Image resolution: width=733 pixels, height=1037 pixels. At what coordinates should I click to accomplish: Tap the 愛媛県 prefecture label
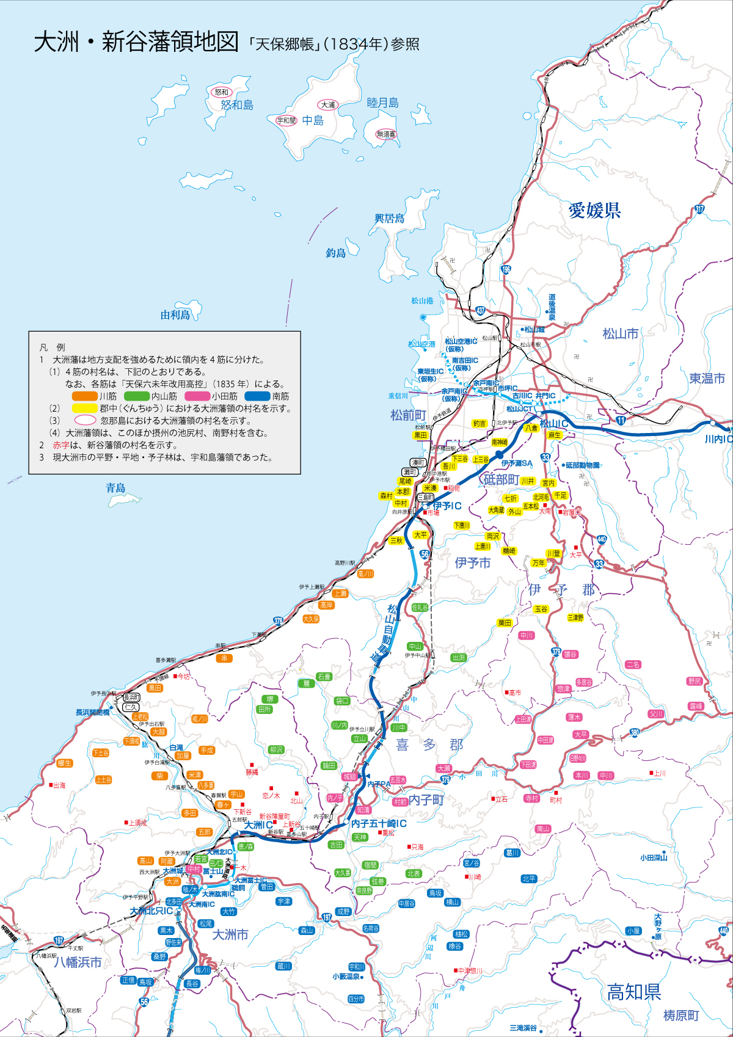(594, 210)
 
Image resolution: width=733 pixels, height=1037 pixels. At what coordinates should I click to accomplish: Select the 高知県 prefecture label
(634, 992)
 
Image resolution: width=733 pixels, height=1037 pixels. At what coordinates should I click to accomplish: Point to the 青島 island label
(115, 488)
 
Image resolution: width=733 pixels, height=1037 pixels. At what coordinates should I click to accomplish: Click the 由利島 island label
(175, 315)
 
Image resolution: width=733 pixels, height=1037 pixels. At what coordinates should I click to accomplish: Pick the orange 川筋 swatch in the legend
(85, 396)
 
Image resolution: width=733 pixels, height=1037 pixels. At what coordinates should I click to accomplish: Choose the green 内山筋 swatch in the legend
(137, 396)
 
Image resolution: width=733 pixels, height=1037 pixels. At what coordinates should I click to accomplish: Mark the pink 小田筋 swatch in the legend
(197, 396)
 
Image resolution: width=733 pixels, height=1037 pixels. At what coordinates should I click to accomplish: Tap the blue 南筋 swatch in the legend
(257, 396)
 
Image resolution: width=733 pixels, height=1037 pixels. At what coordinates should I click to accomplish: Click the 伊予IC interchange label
(447, 506)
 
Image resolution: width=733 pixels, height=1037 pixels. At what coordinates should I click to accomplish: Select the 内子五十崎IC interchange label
(379, 824)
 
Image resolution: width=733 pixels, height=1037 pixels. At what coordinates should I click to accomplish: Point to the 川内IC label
(718, 439)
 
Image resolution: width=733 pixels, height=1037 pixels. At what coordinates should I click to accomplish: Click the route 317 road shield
(699, 209)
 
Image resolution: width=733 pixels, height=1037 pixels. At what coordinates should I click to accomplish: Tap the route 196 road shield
(506, 269)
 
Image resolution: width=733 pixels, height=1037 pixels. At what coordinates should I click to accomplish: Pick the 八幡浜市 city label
(78, 962)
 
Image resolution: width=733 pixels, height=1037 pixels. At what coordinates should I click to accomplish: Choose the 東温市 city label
(707, 379)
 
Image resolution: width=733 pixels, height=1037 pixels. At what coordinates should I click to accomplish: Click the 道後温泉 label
(552, 307)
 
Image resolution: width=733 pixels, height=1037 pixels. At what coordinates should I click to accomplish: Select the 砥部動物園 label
(582, 465)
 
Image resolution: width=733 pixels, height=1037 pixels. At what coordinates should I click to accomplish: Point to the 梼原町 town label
(681, 1016)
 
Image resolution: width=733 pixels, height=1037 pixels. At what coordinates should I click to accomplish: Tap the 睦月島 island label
(382, 103)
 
